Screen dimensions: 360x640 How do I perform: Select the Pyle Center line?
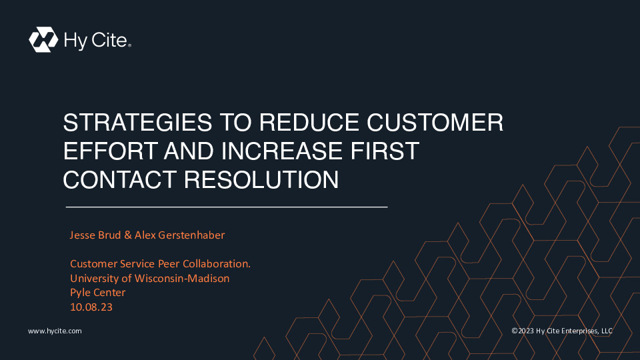97,293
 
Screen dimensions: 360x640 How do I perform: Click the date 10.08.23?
91,307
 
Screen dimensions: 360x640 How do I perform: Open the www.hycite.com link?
55,331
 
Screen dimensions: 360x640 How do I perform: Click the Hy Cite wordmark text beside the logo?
97,41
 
